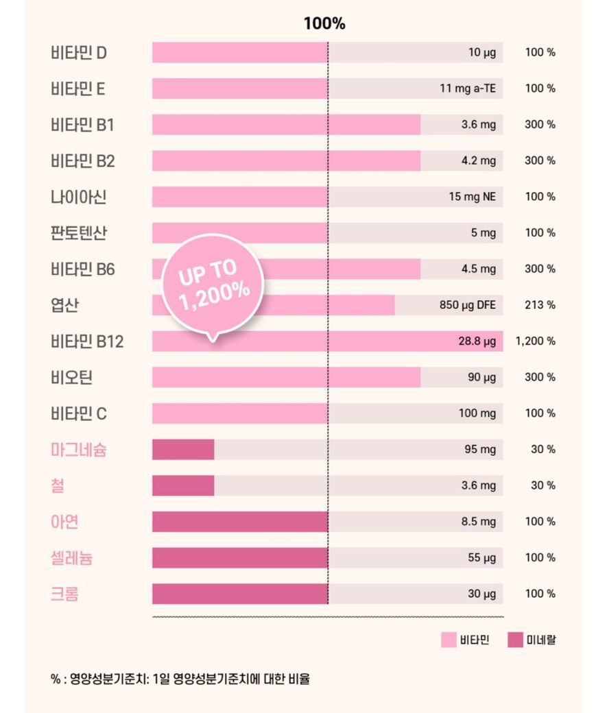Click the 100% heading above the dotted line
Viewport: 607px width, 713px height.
tap(324, 24)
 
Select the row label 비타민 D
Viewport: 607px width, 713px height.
tap(79, 53)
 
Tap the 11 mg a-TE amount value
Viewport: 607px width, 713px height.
tap(468, 88)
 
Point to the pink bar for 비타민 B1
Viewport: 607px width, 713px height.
tap(286, 125)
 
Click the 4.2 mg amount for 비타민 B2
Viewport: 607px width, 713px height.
tap(478, 160)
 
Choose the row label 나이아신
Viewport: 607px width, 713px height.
tap(79, 197)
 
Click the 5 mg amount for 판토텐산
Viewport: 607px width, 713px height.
tap(483, 233)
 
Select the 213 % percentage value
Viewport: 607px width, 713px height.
tap(540, 305)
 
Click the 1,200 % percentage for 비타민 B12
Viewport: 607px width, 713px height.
tap(535, 341)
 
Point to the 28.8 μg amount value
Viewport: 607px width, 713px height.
tap(477, 341)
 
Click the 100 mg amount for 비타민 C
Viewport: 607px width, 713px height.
tap(477, 413)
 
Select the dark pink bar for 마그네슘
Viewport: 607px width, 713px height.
tap(183, 450)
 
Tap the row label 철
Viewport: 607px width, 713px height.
tap(58, 486)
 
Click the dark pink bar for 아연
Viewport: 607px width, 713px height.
tap(240, 522)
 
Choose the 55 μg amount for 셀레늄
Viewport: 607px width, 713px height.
tap(481, 557)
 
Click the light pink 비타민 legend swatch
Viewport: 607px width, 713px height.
tap(449, 640)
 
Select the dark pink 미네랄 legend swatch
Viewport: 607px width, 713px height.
tap(515, 640)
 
